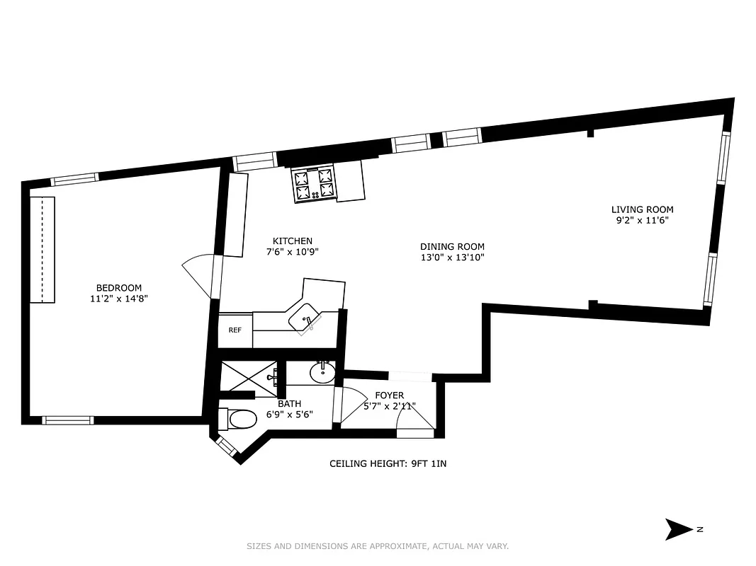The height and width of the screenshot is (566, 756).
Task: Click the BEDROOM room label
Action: coord(119,288)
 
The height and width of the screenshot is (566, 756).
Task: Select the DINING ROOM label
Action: coord(452,247)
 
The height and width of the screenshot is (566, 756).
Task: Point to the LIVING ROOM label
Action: coord(642,209)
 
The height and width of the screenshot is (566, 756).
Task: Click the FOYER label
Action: coord(389,395)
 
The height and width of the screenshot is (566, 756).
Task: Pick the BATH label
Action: coord(289,404)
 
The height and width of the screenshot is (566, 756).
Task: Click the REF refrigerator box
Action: coord(235,330)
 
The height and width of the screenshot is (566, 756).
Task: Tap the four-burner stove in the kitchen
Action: coord(314,184)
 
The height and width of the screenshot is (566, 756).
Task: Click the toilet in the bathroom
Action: coord(241,420)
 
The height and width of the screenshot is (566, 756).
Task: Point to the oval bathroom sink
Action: coord(323,371)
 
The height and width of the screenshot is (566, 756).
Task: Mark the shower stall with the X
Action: coord(249,376)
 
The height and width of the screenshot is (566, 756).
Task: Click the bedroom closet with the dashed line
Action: coord(43,249)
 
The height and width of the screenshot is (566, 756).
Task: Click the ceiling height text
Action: coord(388,464)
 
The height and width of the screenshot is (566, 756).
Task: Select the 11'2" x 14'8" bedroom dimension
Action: coord(119,299)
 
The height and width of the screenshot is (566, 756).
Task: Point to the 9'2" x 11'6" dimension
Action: coord(642,220)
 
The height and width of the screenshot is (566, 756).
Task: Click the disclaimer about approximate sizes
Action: coord(378,546)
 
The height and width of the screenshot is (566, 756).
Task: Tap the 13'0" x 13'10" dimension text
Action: coord(452,258)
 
